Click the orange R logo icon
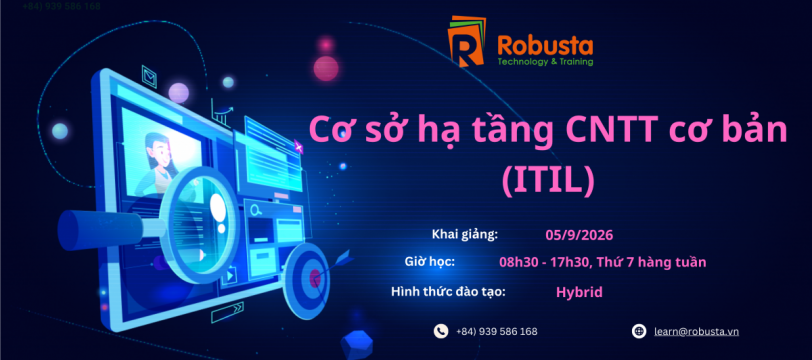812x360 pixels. point(467,42)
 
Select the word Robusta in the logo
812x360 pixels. point(545,46)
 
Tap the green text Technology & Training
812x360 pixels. point(545,62)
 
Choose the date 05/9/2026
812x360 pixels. point(579,235)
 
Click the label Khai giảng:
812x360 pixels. point(465,235)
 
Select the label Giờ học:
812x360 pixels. point(429,262)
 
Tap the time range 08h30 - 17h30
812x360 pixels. point(544,262)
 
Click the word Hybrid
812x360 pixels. point(579,292)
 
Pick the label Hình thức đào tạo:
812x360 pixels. point(448,292)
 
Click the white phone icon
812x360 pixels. point(441,331)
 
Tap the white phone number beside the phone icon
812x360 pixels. point(497,332)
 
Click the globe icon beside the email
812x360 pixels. point(639,331)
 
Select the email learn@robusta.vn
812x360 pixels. point(697,332)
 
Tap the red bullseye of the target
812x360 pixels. point(314,279)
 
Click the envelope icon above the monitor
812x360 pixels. point(150,77)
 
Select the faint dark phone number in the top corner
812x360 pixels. point(62,6)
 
